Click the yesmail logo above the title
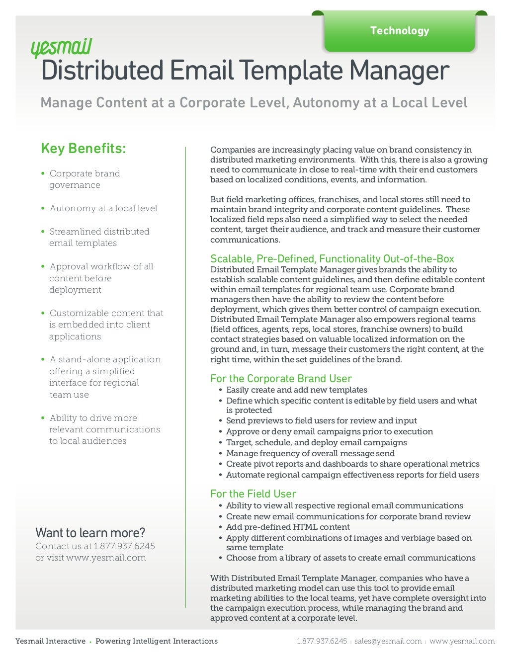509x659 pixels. coord(61,49)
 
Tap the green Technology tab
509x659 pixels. coord(399,31)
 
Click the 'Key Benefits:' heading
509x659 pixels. coord(84,149)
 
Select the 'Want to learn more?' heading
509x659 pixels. coord(90,533)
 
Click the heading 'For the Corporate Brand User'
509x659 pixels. coord(281,379)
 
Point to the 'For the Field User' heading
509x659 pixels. coord(253,494)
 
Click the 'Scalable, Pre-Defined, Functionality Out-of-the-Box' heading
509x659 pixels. coord(332,259)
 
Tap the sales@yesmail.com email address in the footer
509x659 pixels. coord(388,641)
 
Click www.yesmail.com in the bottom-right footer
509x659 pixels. coord(462,641)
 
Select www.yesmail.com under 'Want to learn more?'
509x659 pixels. coord(106,558)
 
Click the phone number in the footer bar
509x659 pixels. coord(322,641)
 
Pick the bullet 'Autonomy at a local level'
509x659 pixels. coord(103,208)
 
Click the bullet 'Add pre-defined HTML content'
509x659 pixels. coord(288,527)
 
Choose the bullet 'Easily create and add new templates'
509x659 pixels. coord(296,390)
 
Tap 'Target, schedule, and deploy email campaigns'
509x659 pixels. coord(316,442)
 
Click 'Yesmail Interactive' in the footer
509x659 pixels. coord(50,641)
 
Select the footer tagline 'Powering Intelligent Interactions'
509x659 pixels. coord(157,641)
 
